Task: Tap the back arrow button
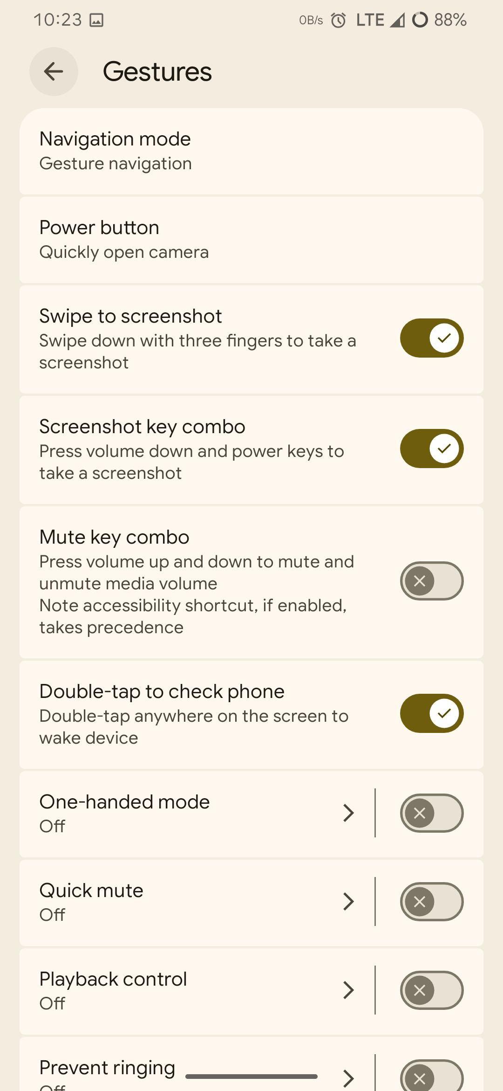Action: [x=54, y=71]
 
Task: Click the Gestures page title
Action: [x=157, y=71]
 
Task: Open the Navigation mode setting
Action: [x=251, y=151]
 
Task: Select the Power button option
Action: [x=251, y=240]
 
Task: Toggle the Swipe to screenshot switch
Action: [x=432, y=338]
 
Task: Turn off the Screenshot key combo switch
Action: [x=432, y=449]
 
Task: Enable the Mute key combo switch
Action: [x=432, y=581]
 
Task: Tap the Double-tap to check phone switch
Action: [x=432, y=713]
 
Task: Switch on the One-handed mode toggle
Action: [x=432, y=813]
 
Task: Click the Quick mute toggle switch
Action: [x=432, y=902]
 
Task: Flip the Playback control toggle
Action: [x=432, y=990]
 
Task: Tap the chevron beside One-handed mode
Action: [x=348, y=813]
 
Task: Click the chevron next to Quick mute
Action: [x=348, y=902]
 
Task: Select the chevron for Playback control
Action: [x=348, y=990]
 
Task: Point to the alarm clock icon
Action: [x=339, y=20]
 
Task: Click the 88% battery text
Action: [x=450, y=20]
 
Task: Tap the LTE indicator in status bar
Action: [x=370, y=20]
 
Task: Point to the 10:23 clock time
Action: [x=58, y=20]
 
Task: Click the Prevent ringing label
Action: [x=107, y=1068]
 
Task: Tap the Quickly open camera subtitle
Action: [x=124, y=252]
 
